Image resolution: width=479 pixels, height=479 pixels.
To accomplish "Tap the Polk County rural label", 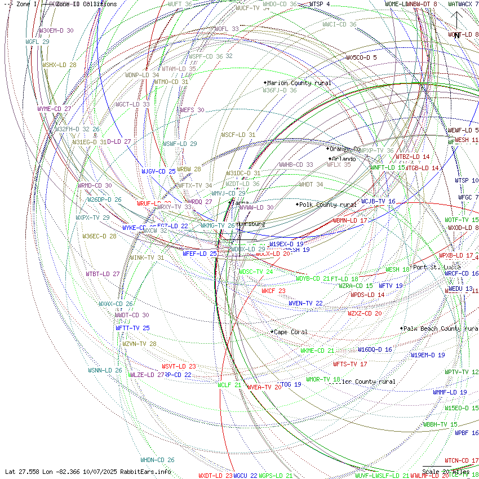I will coord(328,205).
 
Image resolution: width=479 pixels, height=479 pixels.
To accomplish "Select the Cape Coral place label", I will coord(291,332).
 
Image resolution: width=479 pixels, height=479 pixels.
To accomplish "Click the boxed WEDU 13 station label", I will coord(460,289).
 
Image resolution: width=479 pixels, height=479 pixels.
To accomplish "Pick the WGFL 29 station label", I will coord(37,42).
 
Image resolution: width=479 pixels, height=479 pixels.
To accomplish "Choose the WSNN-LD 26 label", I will coord(105,370).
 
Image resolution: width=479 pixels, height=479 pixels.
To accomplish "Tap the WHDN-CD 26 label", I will coord(157,460).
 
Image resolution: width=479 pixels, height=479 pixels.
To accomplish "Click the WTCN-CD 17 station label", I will coord(462,460).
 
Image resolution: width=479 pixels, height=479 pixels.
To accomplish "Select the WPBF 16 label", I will coord(467,433).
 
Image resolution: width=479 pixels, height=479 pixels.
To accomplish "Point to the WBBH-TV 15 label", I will coord(440,424).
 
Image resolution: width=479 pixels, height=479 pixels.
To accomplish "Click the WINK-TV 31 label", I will coord(147,258).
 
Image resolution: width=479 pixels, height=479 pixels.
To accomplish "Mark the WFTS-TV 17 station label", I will coord(350,364).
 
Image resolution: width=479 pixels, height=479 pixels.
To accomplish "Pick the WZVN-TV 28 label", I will coord(139,344).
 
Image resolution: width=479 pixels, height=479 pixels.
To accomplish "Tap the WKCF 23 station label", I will coord(273,291).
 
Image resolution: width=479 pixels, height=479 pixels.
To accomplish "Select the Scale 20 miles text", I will coord(446,472).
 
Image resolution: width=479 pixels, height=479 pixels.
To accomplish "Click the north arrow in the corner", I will coord(456,20).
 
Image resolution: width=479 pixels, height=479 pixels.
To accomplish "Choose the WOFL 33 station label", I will coord(227,29).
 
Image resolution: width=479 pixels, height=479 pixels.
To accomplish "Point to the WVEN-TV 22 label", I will coord(305,303).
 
